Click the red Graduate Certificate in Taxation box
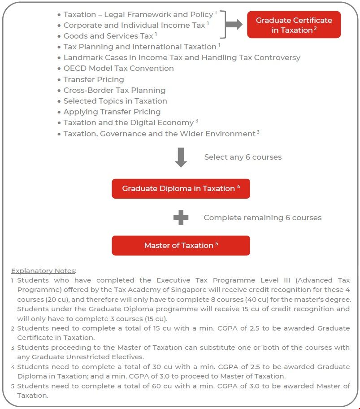click(x=294, y=25)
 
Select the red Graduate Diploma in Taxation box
click(x=181, y=188)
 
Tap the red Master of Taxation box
click(x=181, y=245)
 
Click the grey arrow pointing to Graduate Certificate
click(x=233, y=25)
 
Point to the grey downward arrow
click(x=181, y=157)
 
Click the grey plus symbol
click(x=181, y=218)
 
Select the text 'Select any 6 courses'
click(x=243, y=157)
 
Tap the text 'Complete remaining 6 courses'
click(x=262, y=218)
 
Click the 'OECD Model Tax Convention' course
click(x=118, y=68)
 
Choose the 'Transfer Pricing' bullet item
click(x=93, y=79)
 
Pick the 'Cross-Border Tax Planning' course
click(x=114, y=90)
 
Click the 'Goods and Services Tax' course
click(x=108, y=36)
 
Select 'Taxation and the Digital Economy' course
click(x=128, y=122)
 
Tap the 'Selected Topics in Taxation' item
click(x=115, y=101)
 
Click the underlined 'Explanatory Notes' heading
click(x=43, y=270)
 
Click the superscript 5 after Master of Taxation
click(x=217, y=244)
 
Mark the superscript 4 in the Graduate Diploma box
click(x=239, y=187)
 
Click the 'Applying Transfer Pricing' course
click(x=112, y=112)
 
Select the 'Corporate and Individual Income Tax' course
click(x=134, y=25)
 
